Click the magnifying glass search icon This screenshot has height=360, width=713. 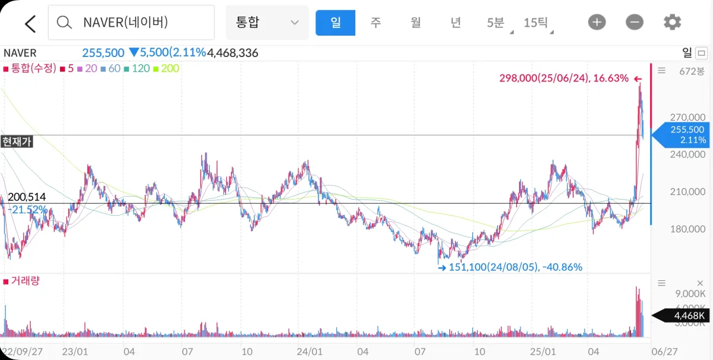(x=64, y=23)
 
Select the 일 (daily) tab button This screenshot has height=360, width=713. (x=335, y=23)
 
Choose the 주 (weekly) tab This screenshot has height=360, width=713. (x=376, y=23)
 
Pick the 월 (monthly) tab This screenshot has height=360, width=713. (x=415, y=23)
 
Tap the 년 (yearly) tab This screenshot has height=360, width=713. (x=455, y=23)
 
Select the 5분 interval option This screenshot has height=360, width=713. (x=496, y=23)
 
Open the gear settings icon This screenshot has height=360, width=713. (x=672, y=23)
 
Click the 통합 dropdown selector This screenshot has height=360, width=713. (x=267, y=23)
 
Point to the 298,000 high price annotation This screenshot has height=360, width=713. (x=563, y=78)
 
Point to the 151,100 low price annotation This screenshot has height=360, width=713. (x=515, y=267)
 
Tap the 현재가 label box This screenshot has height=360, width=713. (x=17, y=141)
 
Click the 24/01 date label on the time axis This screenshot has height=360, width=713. (x=309, y=351)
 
